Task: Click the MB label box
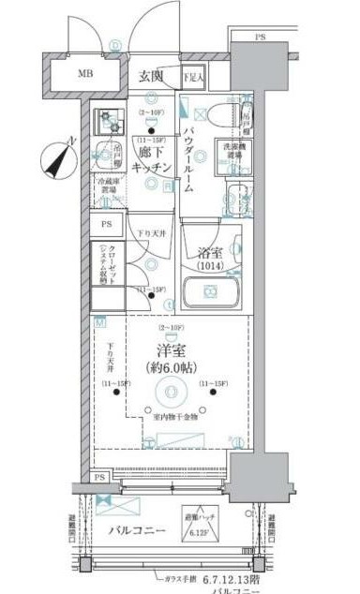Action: (x=84, y=74)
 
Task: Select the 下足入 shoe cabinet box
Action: (x=192, y=77)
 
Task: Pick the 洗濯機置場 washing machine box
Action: (x=236, y=155)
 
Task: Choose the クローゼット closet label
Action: (x=108, y=264)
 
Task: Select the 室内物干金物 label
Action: (x=175, y=417)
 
